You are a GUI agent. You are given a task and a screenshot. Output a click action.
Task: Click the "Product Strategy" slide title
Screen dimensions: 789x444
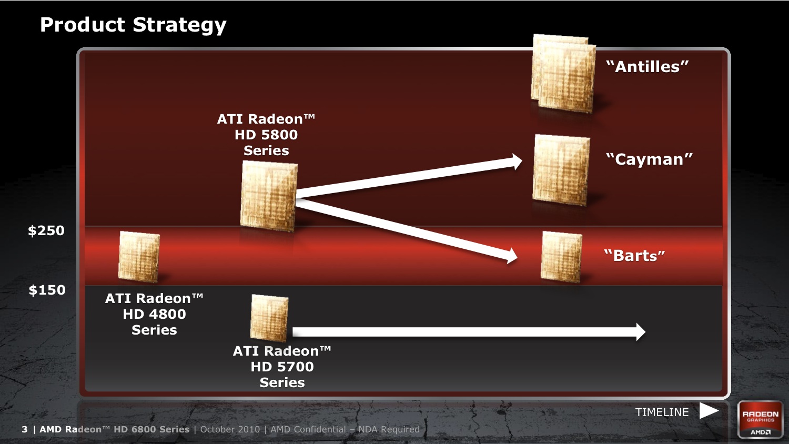tap(133, 25)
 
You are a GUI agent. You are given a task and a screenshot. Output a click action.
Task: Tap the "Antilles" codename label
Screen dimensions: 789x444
tap(648, 67)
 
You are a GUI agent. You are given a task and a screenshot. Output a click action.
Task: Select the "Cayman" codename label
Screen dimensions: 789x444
tap(649, 159)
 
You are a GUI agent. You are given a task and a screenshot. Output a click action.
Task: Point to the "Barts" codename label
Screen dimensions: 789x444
tap(634, 256)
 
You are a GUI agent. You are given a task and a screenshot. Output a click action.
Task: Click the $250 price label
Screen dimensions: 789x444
tap(46, 230)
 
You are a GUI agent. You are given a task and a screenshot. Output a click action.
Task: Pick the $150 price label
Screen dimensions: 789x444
tap(47, 290)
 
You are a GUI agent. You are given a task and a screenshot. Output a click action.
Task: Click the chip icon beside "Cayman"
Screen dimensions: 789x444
tap(561, 170)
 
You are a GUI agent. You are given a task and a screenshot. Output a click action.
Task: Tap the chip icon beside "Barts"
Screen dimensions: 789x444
tap(561, 257)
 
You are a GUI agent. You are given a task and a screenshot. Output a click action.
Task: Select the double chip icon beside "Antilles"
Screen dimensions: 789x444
tap(563, 74)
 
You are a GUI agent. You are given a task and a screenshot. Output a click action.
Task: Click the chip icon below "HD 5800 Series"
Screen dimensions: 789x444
tap(269, 196)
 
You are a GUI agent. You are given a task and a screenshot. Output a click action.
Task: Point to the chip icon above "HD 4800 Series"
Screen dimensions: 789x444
tap(139, 257)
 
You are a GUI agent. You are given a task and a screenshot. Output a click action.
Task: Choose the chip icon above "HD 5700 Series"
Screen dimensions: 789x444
tap(269, 318)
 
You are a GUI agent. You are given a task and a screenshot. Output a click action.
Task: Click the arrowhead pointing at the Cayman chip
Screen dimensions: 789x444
tap(517, 162)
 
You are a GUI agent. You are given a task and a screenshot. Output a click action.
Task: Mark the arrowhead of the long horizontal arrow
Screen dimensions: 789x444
tap(641, 332)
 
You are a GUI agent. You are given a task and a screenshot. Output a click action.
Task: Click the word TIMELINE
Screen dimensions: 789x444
tap(662, 412)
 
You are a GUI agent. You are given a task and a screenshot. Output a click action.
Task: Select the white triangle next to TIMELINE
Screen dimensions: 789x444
tap(709, 411)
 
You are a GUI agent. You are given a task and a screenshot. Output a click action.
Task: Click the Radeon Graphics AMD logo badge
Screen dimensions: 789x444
tap(761, 420)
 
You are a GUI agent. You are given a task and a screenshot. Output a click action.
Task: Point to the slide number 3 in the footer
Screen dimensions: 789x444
tap(24, 429)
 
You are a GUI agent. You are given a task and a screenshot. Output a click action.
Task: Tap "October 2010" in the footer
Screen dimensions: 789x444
tap(230, 429)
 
